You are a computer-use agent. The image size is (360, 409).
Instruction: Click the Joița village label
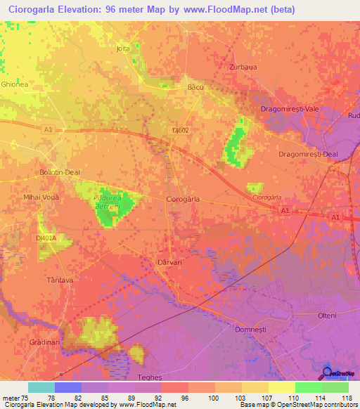(x=124, y=49)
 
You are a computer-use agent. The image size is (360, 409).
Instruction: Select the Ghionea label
(x=13, y=84)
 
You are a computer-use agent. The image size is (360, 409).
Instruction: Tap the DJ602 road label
(x=179, y=130)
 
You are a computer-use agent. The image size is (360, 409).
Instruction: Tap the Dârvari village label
(x=168, y=262)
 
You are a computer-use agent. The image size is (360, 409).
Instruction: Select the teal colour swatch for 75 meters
(x=41, y=387)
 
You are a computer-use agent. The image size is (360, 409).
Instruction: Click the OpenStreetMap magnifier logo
(x=327, y=372)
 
